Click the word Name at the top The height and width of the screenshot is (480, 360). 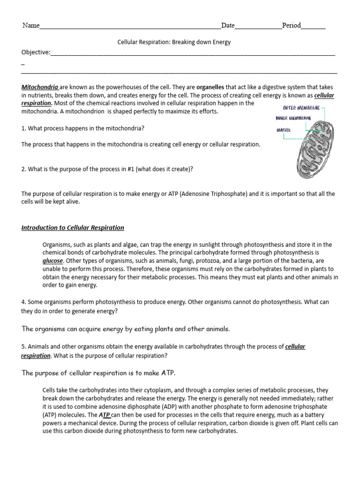point(31,25)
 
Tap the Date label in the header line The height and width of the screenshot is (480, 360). point(228,25)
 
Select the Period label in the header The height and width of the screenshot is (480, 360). point(291,25)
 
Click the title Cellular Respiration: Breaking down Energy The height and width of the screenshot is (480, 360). point(174,42)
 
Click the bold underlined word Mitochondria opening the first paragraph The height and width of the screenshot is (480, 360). point(40,87)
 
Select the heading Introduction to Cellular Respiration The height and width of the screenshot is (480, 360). point(73,228)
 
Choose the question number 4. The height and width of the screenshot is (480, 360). point(23,302)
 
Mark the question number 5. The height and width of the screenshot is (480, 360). point(23,346)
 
